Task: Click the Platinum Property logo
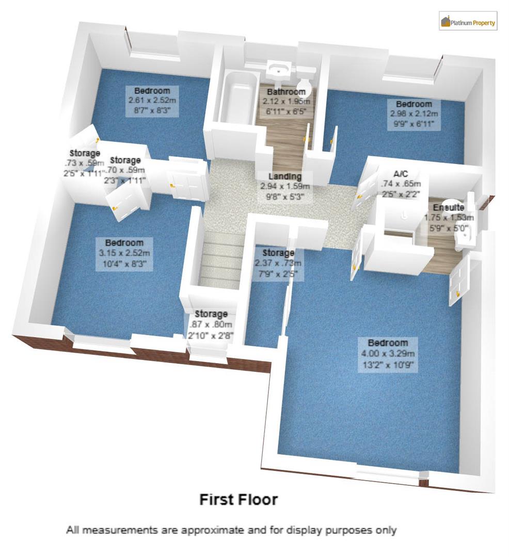(468, 22)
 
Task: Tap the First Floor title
(238, 499)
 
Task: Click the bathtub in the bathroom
(238, 98)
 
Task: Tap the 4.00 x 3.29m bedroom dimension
(387, 354)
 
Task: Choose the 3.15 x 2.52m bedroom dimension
(124, 253)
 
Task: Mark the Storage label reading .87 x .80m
(211, 325)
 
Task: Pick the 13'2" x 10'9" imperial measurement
(387, 365)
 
